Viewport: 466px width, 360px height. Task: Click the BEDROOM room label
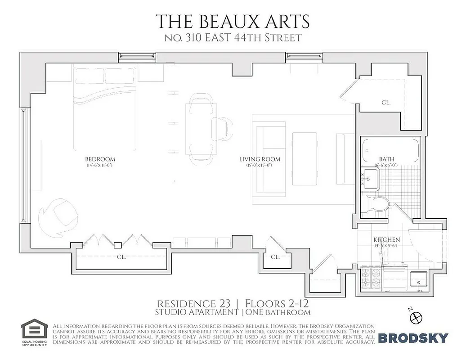100,159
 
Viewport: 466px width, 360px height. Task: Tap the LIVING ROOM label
260,159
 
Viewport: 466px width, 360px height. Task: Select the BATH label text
386,159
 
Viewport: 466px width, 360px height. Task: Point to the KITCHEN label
387,240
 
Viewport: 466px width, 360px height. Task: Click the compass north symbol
417,317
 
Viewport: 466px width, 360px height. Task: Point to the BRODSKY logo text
413,337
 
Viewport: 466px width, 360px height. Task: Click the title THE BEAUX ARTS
233,21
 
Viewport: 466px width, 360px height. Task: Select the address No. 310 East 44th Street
233,38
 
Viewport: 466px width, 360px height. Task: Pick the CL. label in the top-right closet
385,103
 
